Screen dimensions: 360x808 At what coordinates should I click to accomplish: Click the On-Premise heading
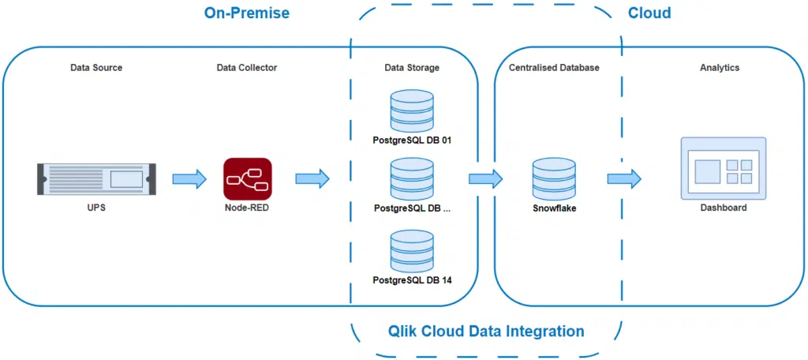tap(246, 13)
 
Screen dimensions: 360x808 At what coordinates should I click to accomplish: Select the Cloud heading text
tap(649, 13)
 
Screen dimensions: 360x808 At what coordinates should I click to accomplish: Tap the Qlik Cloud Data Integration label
tap(486, 331)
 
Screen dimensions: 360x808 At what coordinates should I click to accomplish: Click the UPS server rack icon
tap(96, 178)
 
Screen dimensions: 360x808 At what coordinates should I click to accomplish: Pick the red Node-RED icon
tap(247, 178)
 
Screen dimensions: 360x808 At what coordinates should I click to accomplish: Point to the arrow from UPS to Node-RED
tap(189, 178)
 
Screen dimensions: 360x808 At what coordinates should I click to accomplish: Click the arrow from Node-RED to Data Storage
tap(312, 178)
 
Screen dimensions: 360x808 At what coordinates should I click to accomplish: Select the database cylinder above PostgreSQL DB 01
tap(412, 111)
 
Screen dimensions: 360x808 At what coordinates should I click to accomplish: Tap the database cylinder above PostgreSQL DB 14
tap(412, 250)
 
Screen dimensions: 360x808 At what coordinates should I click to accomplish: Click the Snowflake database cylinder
tap(554, 179)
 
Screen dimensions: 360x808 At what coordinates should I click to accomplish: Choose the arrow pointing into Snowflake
tap(485, 178)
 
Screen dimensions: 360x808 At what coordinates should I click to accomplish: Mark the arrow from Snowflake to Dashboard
tap(623, 178)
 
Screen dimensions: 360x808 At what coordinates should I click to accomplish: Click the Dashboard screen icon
tap(723, 168)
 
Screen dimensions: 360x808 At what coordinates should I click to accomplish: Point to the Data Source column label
tap(96, 68)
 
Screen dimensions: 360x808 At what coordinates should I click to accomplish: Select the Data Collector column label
tap(247, 68)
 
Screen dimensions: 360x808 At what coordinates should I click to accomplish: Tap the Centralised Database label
tap(554, 68)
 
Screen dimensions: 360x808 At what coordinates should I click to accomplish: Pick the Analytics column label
tap(720, 68)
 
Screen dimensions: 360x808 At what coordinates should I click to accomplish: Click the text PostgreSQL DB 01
tap(412, 141)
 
